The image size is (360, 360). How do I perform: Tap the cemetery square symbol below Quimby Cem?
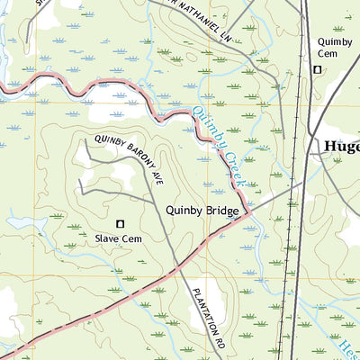[x=317, y=70]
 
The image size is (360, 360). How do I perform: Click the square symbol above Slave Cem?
[x=121, y=222]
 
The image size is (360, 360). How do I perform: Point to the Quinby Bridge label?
[x=202, y=211]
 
